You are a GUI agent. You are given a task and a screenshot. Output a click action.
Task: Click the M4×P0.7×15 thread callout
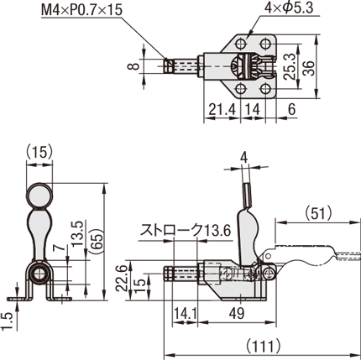tap(81, 10)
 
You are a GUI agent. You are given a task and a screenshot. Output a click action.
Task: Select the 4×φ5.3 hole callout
tap(289, 8)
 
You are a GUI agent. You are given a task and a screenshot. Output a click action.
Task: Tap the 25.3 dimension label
tap(290, 67)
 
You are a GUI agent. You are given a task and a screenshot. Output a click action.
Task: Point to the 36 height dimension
tap(310, 68)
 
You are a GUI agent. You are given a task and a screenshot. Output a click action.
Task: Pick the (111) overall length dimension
tap(263, 347)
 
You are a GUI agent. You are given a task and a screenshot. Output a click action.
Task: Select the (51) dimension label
tap(318, 213)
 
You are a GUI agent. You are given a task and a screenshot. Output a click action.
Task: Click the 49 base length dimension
tap(237, 314)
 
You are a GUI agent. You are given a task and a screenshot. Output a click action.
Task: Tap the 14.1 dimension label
tap(186, 314)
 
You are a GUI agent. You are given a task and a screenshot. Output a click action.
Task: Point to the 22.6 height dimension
tap(122, 278)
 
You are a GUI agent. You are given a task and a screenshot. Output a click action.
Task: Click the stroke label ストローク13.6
tap(186, 230)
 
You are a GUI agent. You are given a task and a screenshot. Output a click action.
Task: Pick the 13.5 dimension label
tap(77, 233)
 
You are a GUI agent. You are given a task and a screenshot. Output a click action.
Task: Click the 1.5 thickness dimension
tap(7, 322)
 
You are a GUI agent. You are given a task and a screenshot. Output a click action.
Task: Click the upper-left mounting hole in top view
tap(241, 44)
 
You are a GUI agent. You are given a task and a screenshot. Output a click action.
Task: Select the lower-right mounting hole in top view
tap(265, 89)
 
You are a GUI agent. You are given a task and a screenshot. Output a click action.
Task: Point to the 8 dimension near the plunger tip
tap(133, 66)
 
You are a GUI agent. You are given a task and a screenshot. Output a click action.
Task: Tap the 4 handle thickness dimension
tap(244, 159)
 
